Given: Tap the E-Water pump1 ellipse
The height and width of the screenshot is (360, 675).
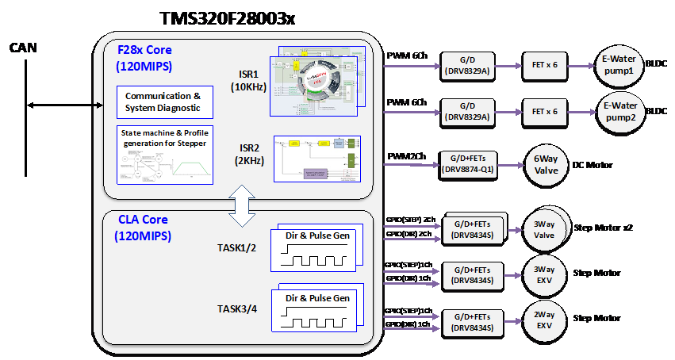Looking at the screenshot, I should [622, 64].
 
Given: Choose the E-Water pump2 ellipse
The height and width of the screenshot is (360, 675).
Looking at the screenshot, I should [622, 110].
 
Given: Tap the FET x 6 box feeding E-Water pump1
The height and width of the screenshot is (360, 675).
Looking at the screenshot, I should [545, 65].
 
